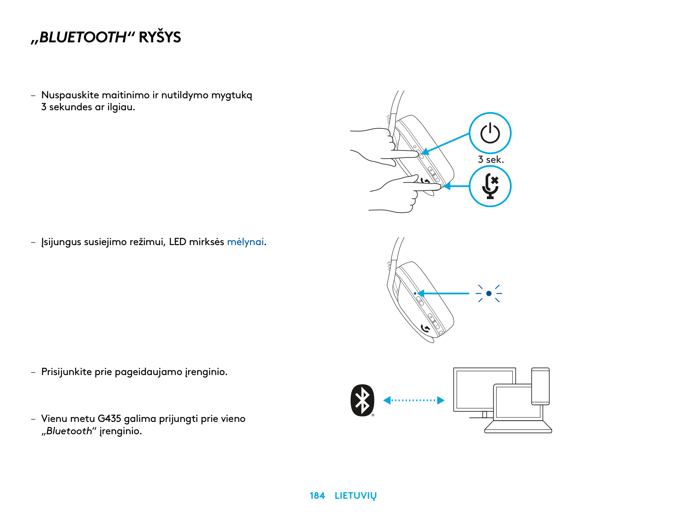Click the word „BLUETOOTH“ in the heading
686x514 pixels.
(x=82, y=37)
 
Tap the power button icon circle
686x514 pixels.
(x=490, y=133)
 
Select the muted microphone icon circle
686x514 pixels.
(x=490, y=186)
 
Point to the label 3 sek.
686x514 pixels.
(x=491, y=160)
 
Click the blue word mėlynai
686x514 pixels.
(x=245, y=242)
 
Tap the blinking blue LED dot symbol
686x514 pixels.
(x=488, y=293)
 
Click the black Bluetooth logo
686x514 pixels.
(x=362, y=400)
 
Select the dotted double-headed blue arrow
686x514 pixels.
(x=414, y=400)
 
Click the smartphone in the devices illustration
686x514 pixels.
(x=540, y=386)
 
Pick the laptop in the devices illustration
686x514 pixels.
(x=518, y=408)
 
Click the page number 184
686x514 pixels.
(x=317, y=495)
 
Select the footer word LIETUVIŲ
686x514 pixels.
(x=355, y=496)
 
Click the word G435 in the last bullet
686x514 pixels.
(x=109, y=419)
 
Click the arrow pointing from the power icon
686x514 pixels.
(x=445, y=144)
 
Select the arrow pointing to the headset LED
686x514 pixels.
(x=443, y=293)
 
